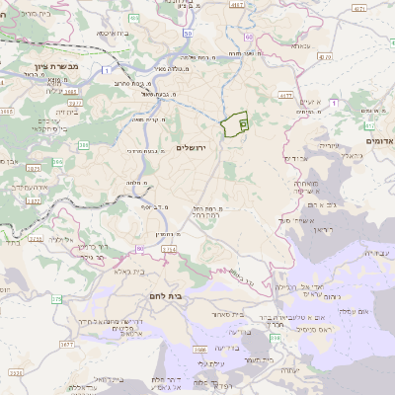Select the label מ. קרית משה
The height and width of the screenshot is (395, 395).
(x=147, y=118)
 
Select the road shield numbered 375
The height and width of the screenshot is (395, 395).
(x=55, y=298)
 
